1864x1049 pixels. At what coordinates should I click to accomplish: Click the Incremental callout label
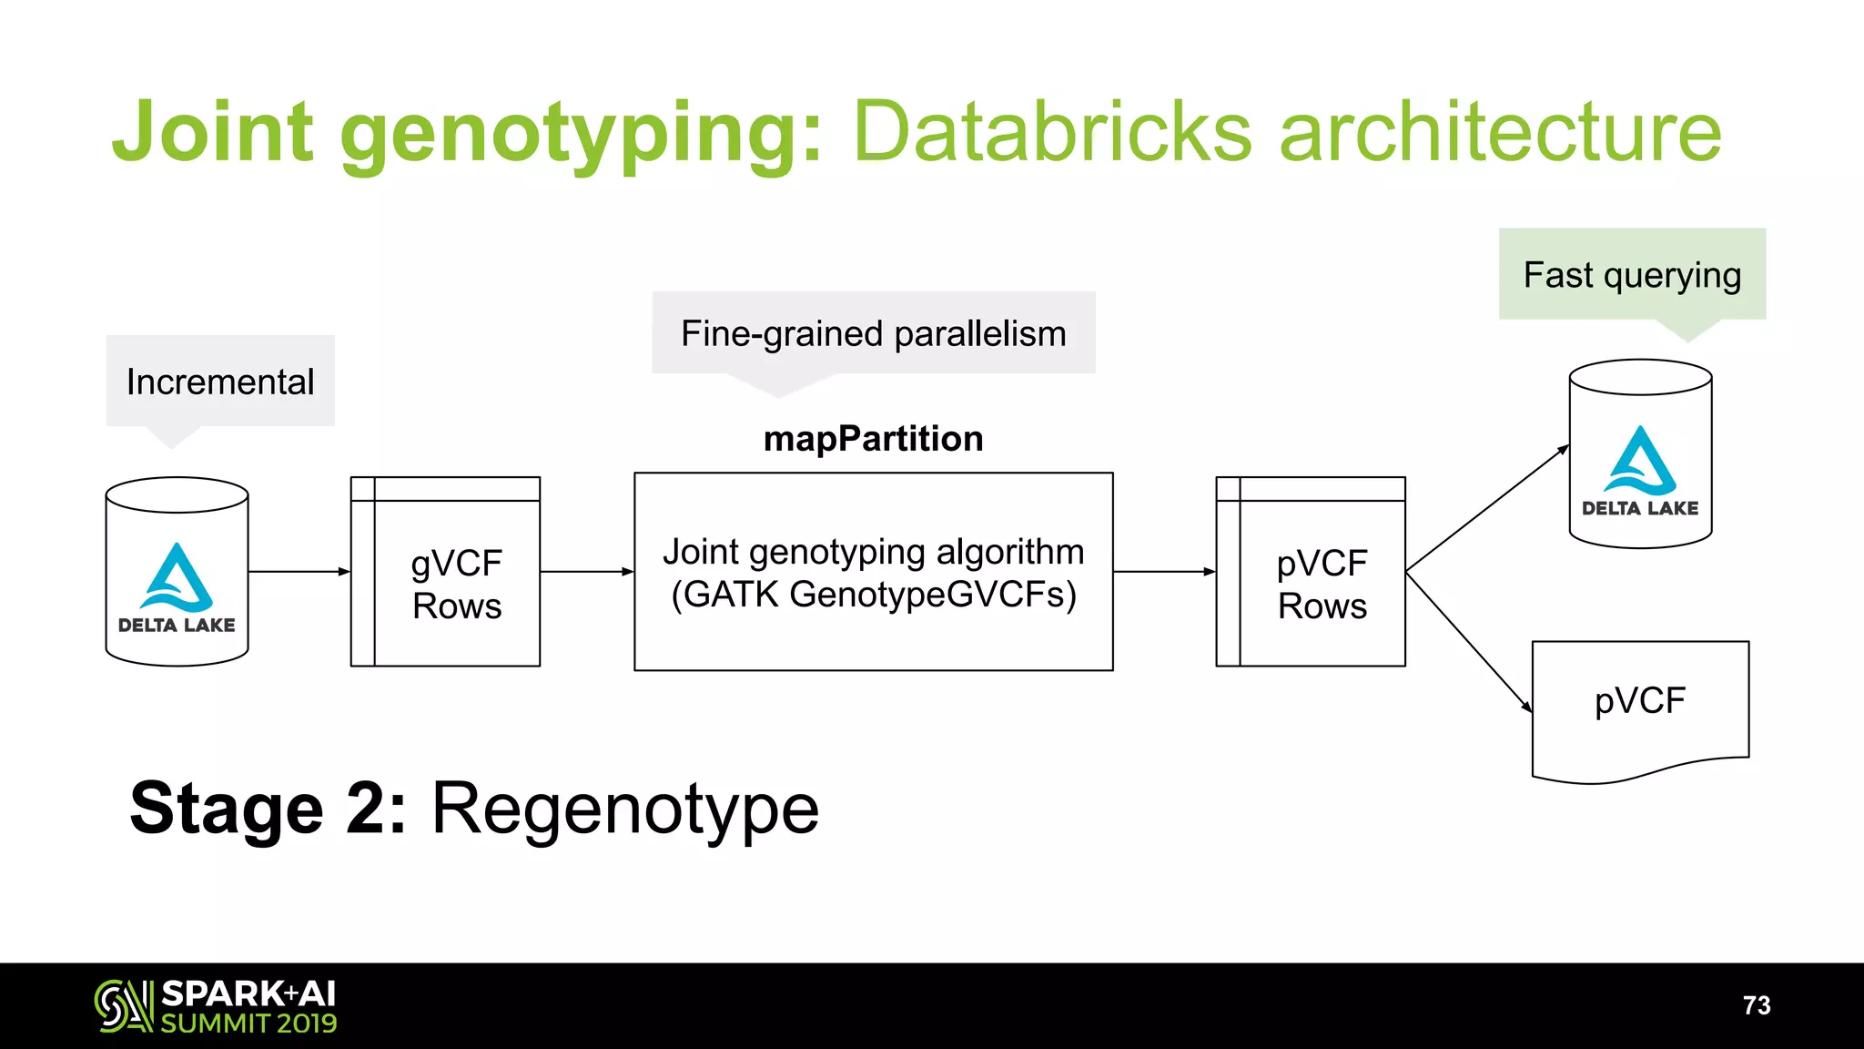220,382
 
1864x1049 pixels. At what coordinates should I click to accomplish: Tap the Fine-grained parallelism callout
873,333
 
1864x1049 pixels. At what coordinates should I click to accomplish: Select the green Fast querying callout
1632,275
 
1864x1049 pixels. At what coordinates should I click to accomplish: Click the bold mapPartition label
873,439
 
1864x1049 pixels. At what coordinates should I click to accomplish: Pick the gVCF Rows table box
446,583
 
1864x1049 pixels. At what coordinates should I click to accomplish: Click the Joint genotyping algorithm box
873,572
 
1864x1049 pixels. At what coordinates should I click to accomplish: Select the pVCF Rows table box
1311,583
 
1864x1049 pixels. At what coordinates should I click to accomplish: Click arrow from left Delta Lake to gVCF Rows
299,572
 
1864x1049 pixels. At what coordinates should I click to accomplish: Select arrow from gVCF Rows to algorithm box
586,572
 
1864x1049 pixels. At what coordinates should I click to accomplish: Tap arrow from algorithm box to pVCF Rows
1164,572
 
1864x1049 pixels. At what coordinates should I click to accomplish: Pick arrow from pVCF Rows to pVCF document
1469,642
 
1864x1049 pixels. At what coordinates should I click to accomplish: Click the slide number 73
1756,1005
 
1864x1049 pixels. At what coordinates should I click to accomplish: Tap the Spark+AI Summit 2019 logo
216,1006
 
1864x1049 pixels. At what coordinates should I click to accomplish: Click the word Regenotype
624,809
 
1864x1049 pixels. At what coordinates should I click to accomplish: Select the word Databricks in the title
1052,133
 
